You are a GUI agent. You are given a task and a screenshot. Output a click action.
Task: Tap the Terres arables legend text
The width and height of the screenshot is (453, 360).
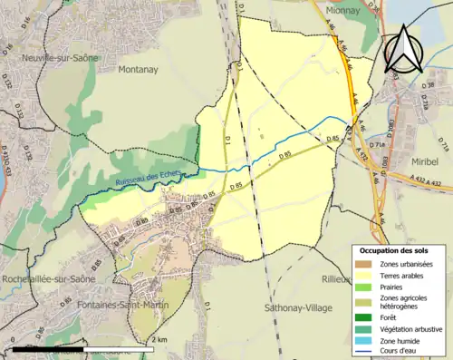pyautogui.click(x=405, y=275)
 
